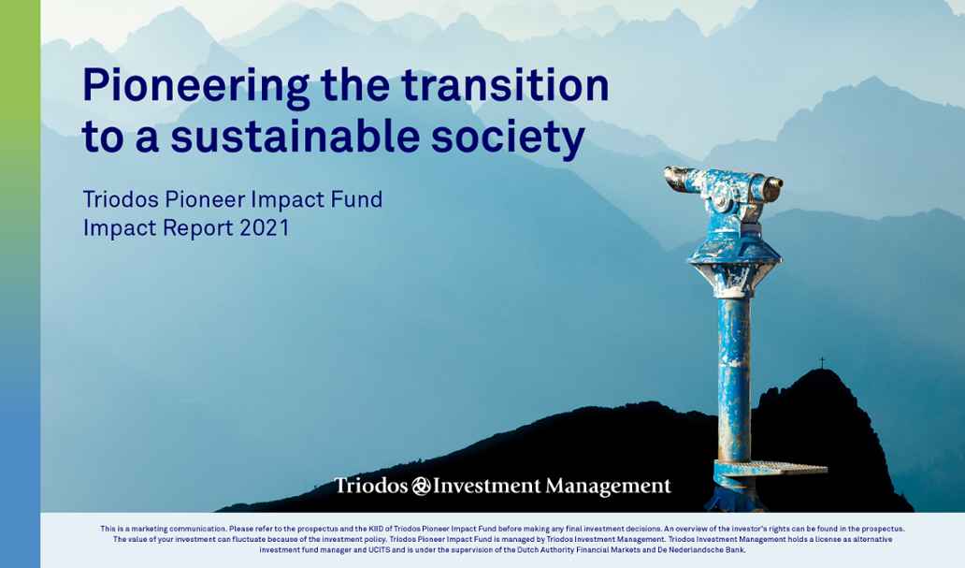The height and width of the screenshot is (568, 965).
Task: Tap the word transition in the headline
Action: [x=505, y=86]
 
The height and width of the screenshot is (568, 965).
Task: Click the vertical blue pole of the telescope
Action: [x=733, y=374]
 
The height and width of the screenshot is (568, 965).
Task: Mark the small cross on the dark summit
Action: [x=822, y=361]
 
